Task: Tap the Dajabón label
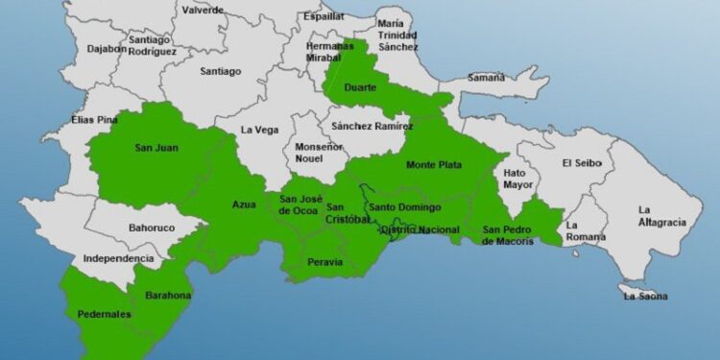[107, 47]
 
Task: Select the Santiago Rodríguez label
[152, 45]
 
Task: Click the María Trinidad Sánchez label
[397, 34]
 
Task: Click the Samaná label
[486, 77]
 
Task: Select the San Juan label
[156, 148]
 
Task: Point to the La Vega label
[258, 130]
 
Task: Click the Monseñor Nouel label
[309, 152]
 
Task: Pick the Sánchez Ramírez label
[372, 126]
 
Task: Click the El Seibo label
[582, 163]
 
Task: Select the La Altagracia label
[662, 216]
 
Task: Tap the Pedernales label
[104, 314]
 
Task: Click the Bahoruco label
[151, 228]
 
